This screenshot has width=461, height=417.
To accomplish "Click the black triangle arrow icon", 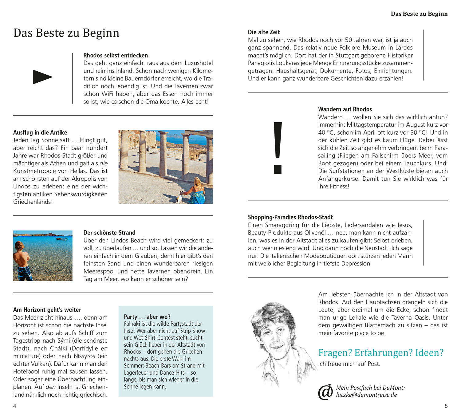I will point(42,77).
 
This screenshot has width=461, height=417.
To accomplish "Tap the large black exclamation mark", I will point(278,148).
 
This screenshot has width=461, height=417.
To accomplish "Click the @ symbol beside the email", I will point(325,392).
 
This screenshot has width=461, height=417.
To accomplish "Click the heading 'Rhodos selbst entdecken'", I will point(116,55).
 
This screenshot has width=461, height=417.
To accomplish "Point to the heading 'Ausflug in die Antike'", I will point(40,132).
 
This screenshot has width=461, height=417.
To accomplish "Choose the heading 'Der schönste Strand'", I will point(109,233).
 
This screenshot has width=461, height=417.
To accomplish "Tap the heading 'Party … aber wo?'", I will point(147,317).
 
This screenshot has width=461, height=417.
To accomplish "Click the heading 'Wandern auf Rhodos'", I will point(345,109).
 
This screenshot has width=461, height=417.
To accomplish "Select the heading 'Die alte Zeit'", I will point(264,32).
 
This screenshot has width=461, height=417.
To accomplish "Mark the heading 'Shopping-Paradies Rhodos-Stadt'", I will point(290,217).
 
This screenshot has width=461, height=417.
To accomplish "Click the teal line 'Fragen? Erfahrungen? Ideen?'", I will point(381,352).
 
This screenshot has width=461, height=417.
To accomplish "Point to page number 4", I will point(15,406).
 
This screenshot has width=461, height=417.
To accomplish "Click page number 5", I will point(446,406).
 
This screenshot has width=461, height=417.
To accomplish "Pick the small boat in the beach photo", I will point(61,238).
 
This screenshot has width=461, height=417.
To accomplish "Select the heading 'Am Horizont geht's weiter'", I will point(47,310).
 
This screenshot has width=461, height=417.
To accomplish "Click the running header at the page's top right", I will point(419,14).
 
